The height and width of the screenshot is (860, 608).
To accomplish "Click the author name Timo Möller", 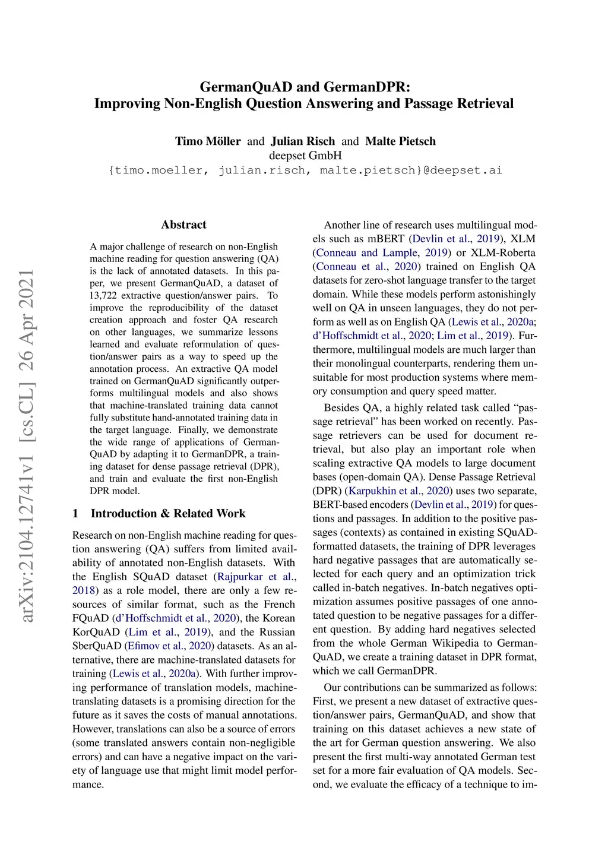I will [x=208, y=141].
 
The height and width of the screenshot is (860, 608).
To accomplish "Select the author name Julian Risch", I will [x=303, y=141].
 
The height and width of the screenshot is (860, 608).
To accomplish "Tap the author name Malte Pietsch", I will [x=400, y=141].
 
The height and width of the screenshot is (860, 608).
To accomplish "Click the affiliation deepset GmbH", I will [x=305, y=156].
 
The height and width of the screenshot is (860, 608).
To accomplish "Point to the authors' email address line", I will [x=305, y=170].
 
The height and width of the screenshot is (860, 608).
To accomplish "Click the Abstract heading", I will [x=183, y=225].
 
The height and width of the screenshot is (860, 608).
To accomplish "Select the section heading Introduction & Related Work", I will [x=167, y=514].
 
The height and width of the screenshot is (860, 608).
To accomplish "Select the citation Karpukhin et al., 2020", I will [x=398, y=491].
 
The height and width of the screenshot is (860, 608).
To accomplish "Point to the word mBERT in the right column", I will [x=389, y=239].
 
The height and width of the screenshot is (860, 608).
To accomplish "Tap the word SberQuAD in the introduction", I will [x=97, y=646].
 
